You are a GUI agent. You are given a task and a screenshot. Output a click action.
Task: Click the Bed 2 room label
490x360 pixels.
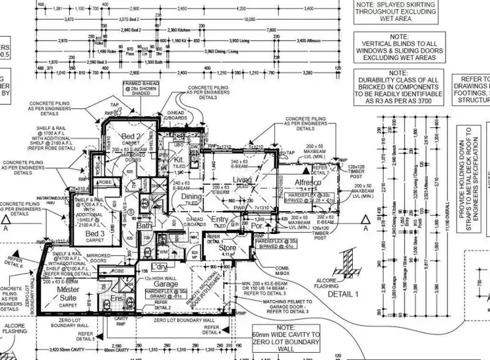point(129,135)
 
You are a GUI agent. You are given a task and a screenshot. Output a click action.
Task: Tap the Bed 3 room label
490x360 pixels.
point(95,233)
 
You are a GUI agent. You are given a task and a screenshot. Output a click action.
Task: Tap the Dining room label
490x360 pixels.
point(191,196)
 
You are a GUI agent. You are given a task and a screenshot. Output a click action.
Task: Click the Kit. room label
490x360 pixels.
point(178,159)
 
